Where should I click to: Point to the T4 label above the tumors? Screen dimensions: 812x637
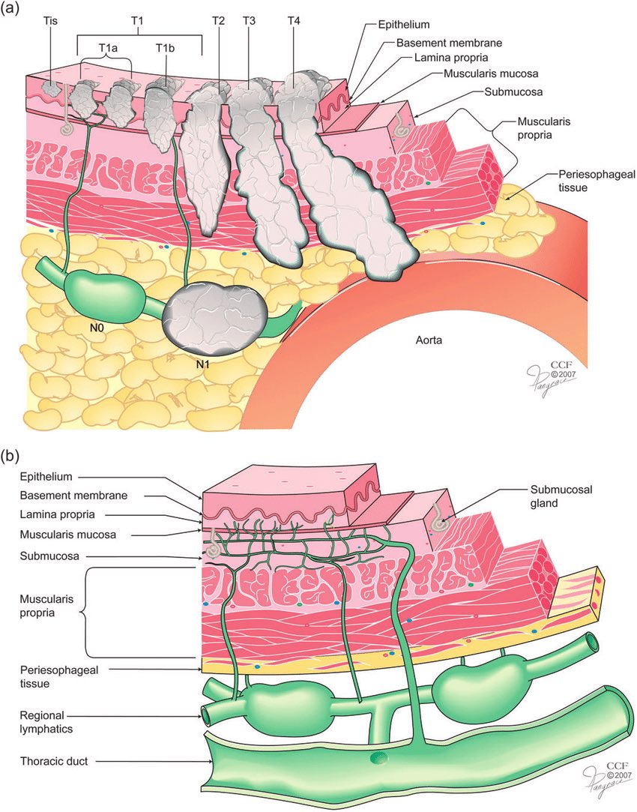(294, 20)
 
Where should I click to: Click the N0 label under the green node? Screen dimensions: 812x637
(95, 327)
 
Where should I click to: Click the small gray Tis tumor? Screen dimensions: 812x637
(50, 88)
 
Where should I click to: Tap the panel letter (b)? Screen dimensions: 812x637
(14, 455)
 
